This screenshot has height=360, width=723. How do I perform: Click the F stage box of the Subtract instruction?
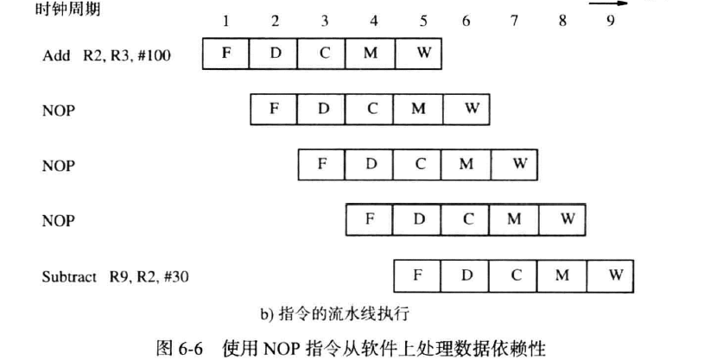point(418,275)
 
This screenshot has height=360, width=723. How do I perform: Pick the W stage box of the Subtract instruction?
point(615,275)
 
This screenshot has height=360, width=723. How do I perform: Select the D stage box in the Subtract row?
point(467,275)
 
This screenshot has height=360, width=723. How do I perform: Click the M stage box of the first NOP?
point(419,109)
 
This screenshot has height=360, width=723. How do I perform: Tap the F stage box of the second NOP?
point(322,164)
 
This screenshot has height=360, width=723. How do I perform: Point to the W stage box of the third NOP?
point(567,219)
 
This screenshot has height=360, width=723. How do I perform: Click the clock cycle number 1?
point(226,21)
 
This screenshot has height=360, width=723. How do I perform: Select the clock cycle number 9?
point(611,21)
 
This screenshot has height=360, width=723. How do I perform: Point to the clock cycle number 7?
point(515,21)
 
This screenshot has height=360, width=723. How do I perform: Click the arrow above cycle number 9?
point(610,3)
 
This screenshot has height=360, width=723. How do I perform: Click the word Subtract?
point(69,277)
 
